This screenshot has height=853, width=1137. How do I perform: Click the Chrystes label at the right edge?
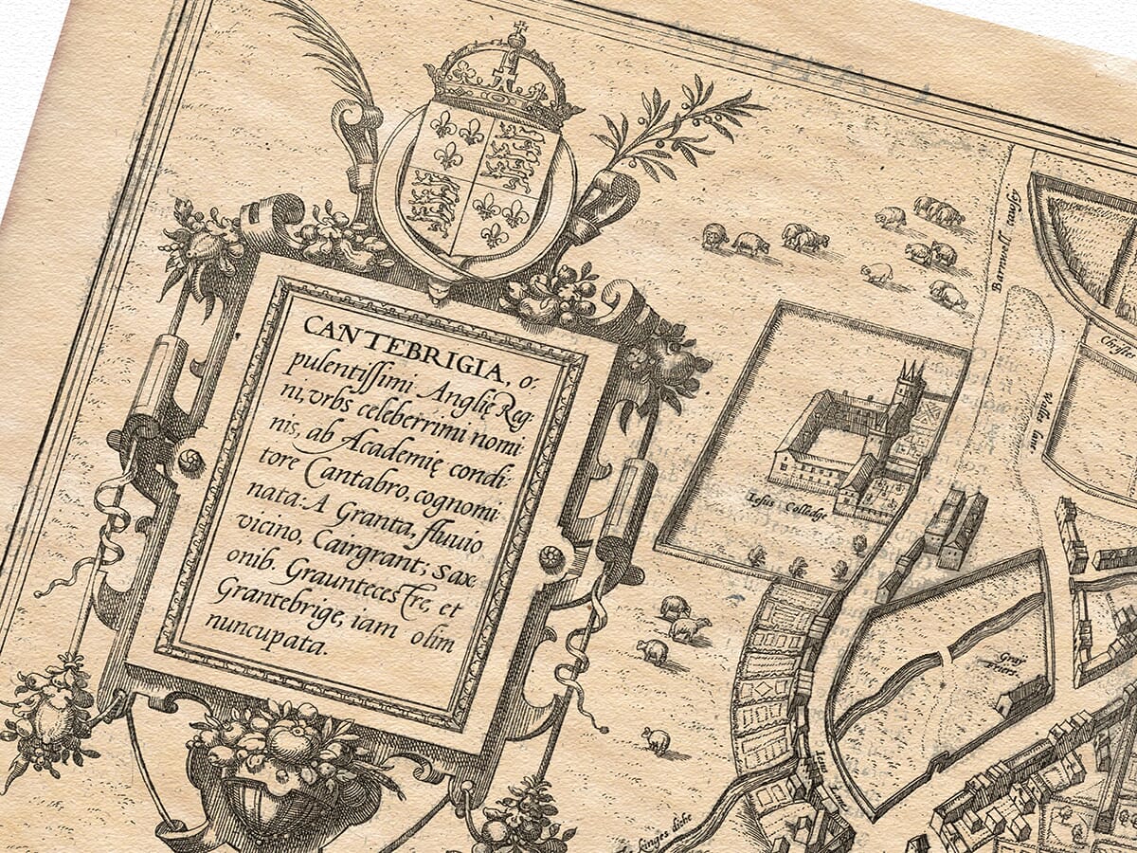pyautogui.click(x=1118, y=336)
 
